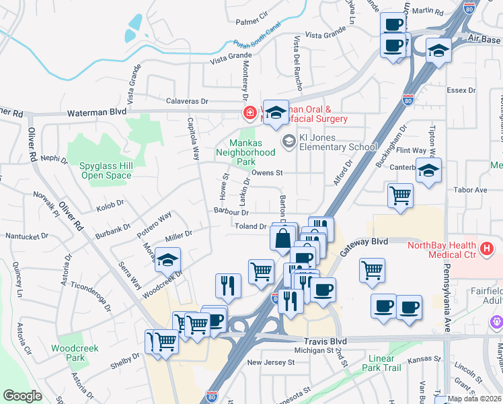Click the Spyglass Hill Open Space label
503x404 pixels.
106,170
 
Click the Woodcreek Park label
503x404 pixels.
67,353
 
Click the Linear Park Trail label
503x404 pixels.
394,363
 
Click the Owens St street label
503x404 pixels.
268,173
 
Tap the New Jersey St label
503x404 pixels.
271,362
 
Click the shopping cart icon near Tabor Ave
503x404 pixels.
400,196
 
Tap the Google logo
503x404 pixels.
22,396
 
